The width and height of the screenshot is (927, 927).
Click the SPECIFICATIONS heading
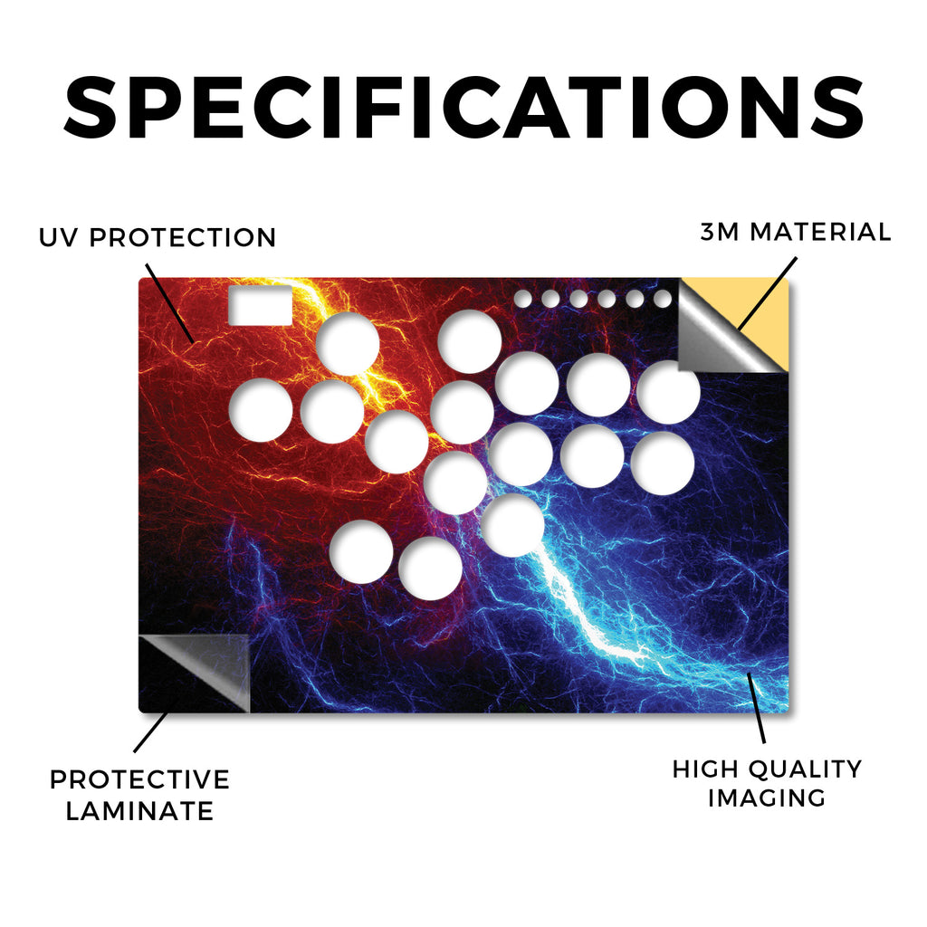click(x=463, y=108)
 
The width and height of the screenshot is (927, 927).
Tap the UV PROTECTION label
click(x=158, y=238)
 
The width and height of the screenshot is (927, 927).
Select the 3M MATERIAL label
click(x=796, y=232)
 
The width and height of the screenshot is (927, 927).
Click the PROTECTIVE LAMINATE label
click(x=139, y=795)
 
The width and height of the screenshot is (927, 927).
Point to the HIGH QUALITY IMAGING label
click(x=768, y=783)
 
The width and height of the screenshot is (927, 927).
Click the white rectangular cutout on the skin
click(x=260, y=305)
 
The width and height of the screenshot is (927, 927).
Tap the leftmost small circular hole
click(x=522, y=299)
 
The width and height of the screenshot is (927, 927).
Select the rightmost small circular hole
click(x=663, y=299)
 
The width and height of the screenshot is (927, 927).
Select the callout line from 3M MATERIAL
click(x=767, y=294)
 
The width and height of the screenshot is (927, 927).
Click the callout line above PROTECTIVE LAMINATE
click(x=151, y=731)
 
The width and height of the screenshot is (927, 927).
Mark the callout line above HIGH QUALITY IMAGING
click(x=756, y=708)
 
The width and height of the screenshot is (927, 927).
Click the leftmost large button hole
click(x=261, y=410)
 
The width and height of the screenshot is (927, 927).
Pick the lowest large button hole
click(x=430, y=569)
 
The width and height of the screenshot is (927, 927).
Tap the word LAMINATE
click(x=139, y=811)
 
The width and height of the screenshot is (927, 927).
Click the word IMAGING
click(x=767, y=798)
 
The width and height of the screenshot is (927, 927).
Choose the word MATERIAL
click(x=820, y=232)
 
